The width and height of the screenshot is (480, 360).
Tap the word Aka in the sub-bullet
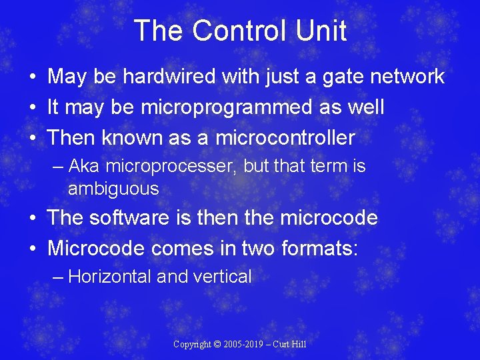(83, 166)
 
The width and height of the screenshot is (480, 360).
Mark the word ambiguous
(113, 189)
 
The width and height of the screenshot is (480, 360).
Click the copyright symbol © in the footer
(218, 345)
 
